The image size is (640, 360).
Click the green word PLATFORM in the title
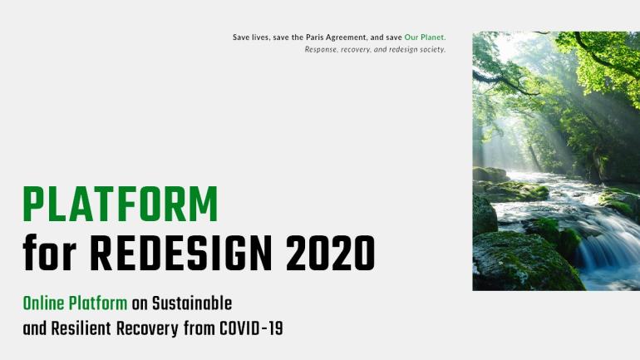[121, 204]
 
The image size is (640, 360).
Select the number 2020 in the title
[330, 253]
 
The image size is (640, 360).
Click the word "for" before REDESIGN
[49, 252]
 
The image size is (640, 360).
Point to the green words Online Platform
[75, 303]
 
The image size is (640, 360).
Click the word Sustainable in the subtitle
[192, 303]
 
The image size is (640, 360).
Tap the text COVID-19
[251, 328]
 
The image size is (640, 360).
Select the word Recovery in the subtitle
[147, 329]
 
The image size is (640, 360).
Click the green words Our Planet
[425, 37]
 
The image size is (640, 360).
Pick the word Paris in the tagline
[315, 37]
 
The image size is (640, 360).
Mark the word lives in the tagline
[260, 37]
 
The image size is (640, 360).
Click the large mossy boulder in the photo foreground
[526, 261]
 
